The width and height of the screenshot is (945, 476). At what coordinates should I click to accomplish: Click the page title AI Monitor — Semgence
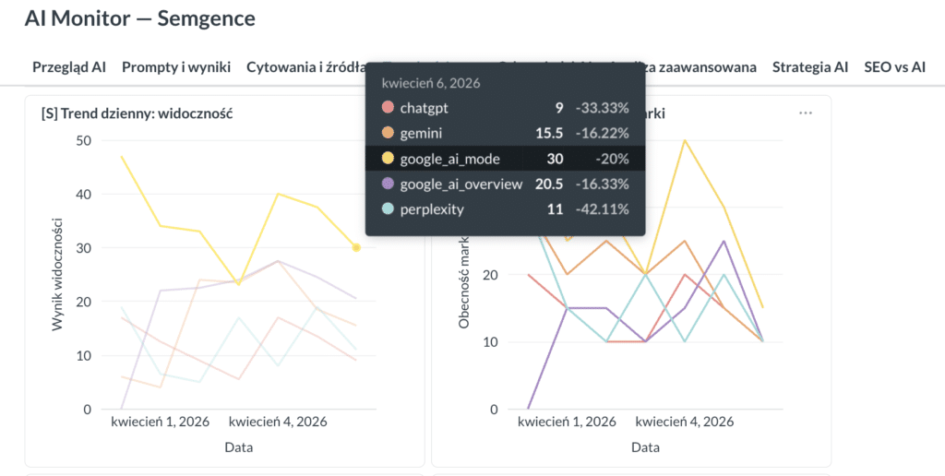click(x=140, y=18)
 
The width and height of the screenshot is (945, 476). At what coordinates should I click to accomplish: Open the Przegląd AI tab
click(x=69, y=67)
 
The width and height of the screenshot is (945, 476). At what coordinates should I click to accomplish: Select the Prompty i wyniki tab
click(x=175, y=67)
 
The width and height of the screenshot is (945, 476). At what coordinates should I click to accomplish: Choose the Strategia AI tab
click(x=809, y=67)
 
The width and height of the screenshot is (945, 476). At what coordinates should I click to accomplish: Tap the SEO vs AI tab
click(x=894, y=67)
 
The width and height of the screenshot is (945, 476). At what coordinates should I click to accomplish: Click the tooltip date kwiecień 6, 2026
click(x=430, y=83)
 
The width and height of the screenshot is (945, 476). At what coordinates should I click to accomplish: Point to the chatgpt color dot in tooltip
click(x=387, y=108)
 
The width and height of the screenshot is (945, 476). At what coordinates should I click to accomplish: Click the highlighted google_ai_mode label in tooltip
click(x=449, y=159)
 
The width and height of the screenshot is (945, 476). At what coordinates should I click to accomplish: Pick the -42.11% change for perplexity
click(x=602, y=209)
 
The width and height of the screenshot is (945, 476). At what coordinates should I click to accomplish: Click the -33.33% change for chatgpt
click(x=602, y=108)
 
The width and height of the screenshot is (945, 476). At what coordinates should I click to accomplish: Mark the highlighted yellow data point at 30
click(x=356, y=247)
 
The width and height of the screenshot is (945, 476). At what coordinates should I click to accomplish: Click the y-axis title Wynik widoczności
click(x=56, y=274)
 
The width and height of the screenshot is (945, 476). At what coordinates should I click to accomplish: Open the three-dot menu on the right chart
click(x=806, y=113)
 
